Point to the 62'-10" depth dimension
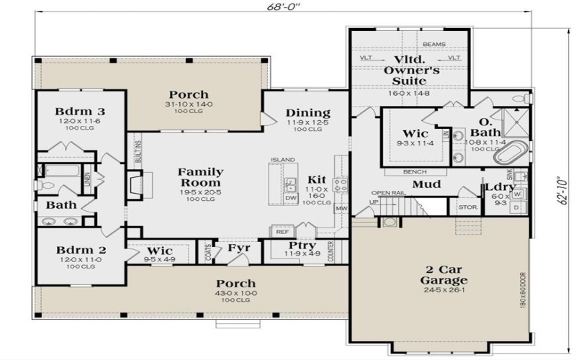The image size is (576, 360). (x=563, y=191)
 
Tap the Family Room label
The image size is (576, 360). (x=200, y=178)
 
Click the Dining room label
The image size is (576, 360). (x=307, y=112)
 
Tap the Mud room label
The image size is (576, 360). (x=426, y=184)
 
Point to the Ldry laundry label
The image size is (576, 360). (x=500, y=189)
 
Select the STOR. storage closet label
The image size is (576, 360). (x=465, y=209)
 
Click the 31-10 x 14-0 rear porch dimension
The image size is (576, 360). (x=189, y=106)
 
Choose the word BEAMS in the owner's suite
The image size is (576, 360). (x=433, y=44)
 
